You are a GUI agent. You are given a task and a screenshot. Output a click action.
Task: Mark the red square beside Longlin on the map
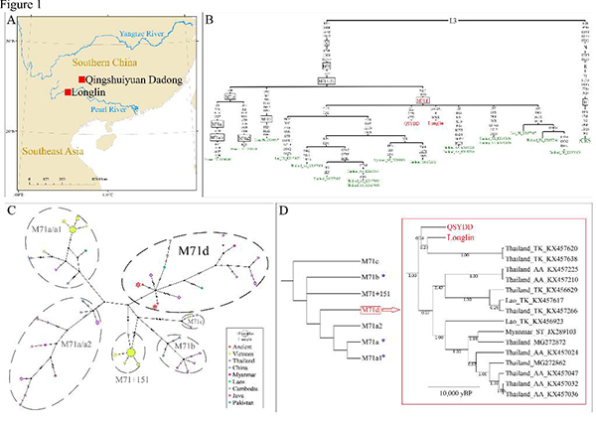click(67, 92)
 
